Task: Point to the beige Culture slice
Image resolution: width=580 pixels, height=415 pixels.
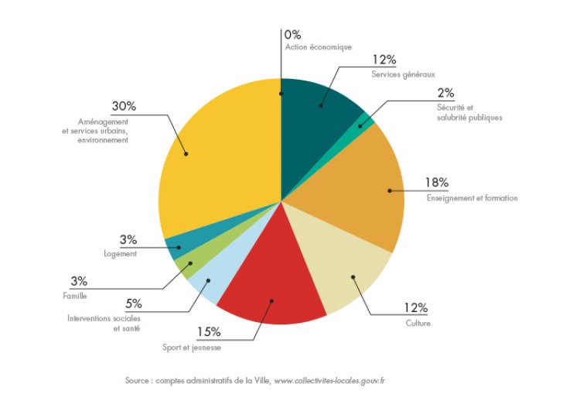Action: click(x=348, y=267)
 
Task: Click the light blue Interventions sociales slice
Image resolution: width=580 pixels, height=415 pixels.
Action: click(x=209, y=282)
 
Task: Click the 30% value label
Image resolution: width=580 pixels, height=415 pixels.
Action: click(x=124, y=106)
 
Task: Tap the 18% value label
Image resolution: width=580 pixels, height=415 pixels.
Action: click(x=436, y=183)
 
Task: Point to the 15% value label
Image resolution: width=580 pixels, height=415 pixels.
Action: click(x=209, y=332)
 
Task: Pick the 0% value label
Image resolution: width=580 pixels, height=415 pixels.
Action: click(x=292, y=35)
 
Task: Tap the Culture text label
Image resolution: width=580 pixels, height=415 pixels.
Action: click(x=418, y=323)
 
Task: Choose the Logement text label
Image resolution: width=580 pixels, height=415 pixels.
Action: click(x=120, y=254)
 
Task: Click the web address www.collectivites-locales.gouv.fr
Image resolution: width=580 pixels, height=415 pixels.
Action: click(x=329, y=381)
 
